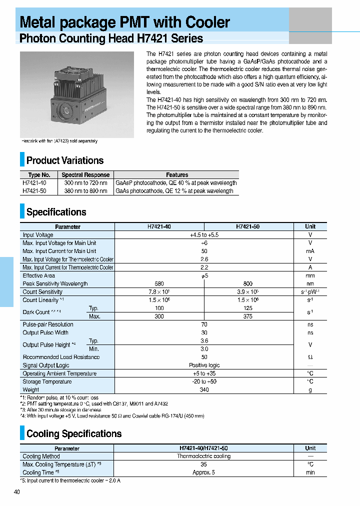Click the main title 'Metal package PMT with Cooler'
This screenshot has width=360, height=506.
click(125, 22)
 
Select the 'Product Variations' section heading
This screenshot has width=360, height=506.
click(65, 160)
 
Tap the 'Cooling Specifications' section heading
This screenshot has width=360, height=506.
click(74, 433)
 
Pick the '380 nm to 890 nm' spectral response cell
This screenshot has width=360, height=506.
click(85, 191)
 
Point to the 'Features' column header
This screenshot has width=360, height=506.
click(177, 175)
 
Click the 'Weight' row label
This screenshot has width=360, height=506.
click(31, 389)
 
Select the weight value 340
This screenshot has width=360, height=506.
click(204, 389)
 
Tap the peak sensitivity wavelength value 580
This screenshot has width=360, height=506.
click(159, 283)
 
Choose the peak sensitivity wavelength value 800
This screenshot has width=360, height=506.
click(248, 283)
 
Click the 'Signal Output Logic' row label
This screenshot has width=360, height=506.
click(46, 365)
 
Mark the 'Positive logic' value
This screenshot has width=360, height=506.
click(204, 365)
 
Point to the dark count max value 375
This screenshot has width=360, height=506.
click(248, 316)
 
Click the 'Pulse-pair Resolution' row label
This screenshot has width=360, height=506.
click(48, 324)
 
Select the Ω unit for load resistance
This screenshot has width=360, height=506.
click(310, 357)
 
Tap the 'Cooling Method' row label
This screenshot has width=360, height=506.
click(41, 456)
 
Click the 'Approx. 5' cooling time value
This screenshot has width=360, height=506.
click(203, 472)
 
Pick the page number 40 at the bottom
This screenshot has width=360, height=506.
click(17, 492)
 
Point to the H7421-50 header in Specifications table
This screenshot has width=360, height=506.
click(248, 226)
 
